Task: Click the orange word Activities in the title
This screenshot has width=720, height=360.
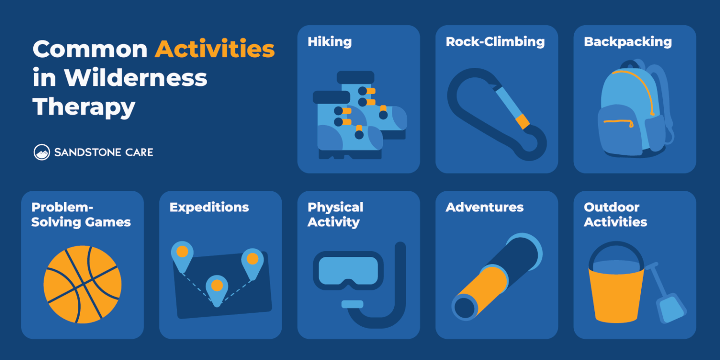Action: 215,49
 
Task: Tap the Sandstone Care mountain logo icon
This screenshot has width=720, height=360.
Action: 42,152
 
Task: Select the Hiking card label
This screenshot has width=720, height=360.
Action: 329,42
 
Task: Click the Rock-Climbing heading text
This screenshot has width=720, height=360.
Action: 495,42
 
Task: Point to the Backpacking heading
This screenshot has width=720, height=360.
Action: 628,42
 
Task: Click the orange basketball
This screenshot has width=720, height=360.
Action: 82,285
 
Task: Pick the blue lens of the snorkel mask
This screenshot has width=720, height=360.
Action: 348,270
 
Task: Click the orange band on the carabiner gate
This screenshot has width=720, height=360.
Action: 522,121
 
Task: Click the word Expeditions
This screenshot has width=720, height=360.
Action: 209,207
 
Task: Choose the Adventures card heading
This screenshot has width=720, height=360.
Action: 484,207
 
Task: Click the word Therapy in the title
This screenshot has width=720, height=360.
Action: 84,107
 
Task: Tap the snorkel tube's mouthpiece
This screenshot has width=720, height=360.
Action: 352,304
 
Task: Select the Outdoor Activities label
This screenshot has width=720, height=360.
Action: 615,215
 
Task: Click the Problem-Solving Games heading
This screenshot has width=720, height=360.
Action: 81,215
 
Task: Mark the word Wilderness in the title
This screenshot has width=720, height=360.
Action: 135,78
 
